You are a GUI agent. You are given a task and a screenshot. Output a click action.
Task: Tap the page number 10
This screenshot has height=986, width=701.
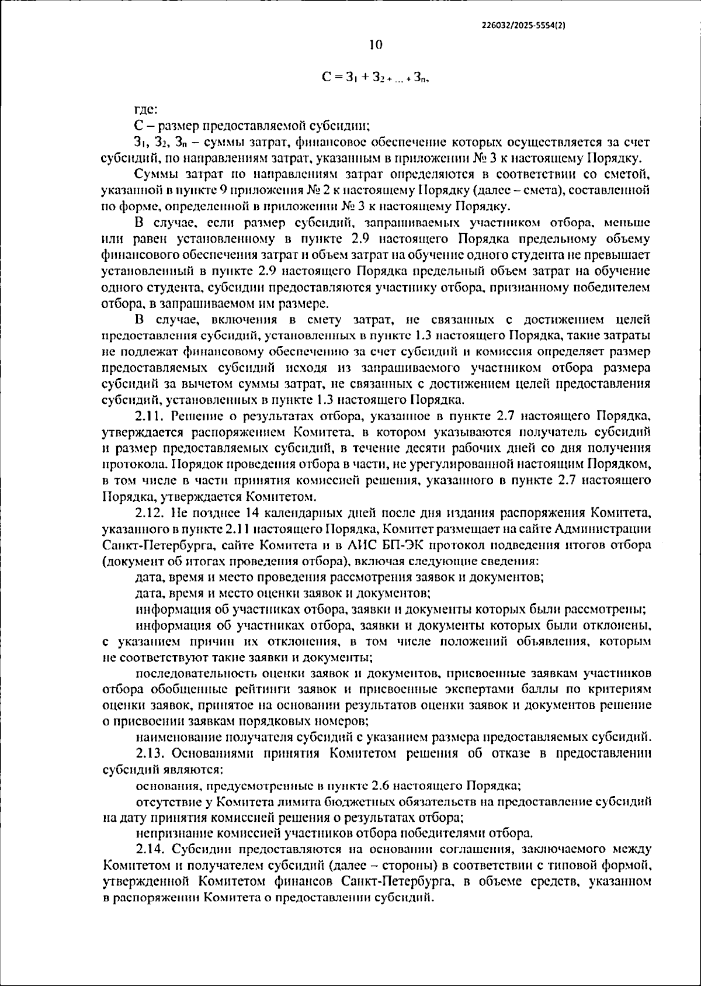[376, 45]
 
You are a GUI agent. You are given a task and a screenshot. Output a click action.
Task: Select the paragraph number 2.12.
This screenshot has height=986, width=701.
[151, 514]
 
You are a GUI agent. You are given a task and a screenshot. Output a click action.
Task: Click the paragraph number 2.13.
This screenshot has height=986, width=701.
[151, 753]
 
